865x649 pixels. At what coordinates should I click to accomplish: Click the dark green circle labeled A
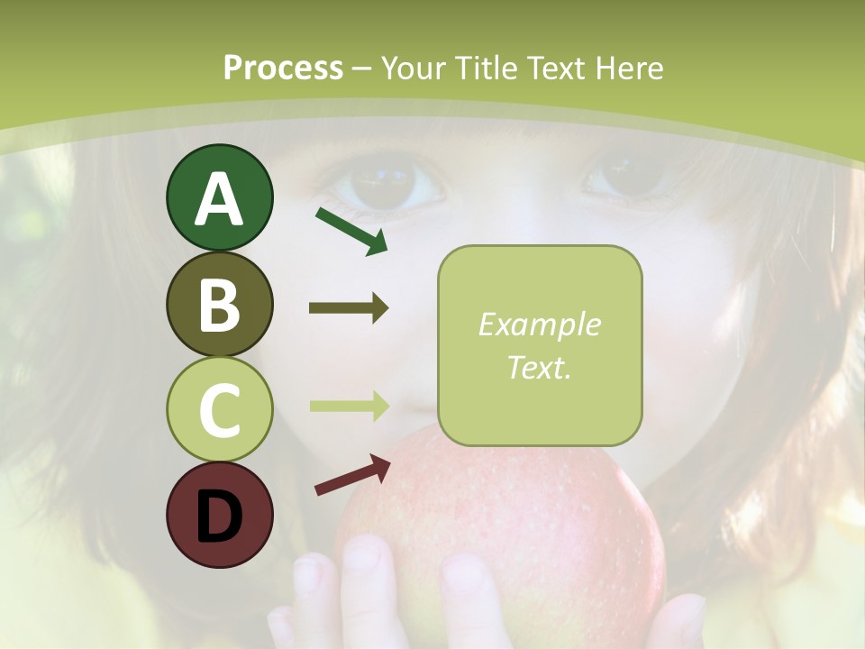pyautogui.click(x=219, y=197)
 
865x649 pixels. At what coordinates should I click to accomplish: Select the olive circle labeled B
pyautogui.click(x=219, y=304)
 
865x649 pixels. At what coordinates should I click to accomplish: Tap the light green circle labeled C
pyautogui.click(x=219, y=409)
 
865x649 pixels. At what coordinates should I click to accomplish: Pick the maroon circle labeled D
pyautogui.click(x=219, y=515)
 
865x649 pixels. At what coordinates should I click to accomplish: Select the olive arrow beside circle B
pyautogui.click(x=349, y=308)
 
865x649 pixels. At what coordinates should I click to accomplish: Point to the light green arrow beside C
pyautogui.click(x=349, y=406)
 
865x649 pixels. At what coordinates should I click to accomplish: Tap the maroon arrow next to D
pyautogui.click(x=352, y=475)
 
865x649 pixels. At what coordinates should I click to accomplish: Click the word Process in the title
pyautogui.click(x=283, y=69)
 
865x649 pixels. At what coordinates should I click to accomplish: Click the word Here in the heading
pyautogui.click(x=630, y=69)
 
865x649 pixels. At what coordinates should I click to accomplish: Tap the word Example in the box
pyautogui.click(x=539, y=325)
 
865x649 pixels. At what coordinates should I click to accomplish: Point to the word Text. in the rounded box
pyautogui.click(x=539, y=367)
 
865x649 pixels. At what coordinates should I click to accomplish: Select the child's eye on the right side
pyautogui.click(x=631, y=177)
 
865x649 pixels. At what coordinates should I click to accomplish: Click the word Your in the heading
pyautogui.click(x=414, y=69)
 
